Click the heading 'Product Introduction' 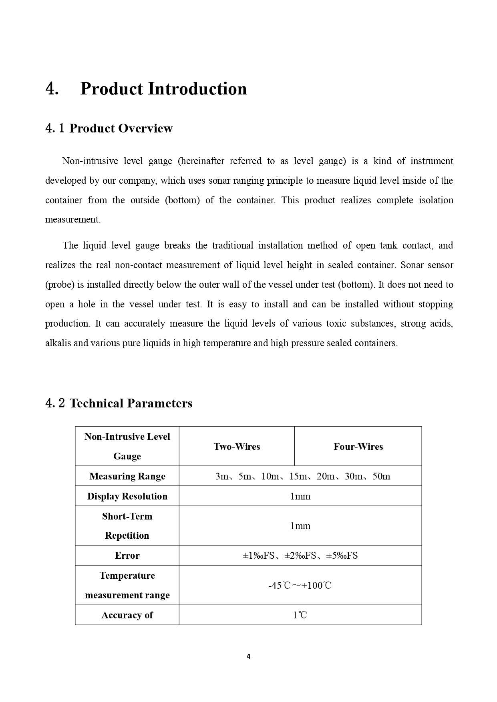pyautogui.click(x=163, y=89)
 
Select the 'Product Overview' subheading pyautogui.click(x=121, y=128)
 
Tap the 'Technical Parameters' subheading pyautogui.click(x=131, y=403)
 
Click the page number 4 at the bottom pyautogui.click(x=248, y=656)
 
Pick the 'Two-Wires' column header pyautogui.click(x=237, y=447)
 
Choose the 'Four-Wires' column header pyautogui.click(x=358, y=447)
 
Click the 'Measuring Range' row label pyautogui.click(x=127, y=476)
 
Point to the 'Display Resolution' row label pyautogui.click(x=127, y=496)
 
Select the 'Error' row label pyautogui.click(x=127, y=556)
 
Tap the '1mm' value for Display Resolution pyautogui.click(x=300, y=496)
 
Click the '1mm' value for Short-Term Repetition pyautogui.click(x=300, y=526)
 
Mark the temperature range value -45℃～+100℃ pyautogui.click(x=300, y=586)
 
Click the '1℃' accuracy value pyautogui.click(x=300, y=615)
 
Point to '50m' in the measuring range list pyautogui.click(x=381, y=476)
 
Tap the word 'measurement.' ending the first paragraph pyautogui.click(x=73, y=219)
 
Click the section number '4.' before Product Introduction pyautogui.click(x=52, y=89)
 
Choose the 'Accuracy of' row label pyautogui.click(x=127, y=615)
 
